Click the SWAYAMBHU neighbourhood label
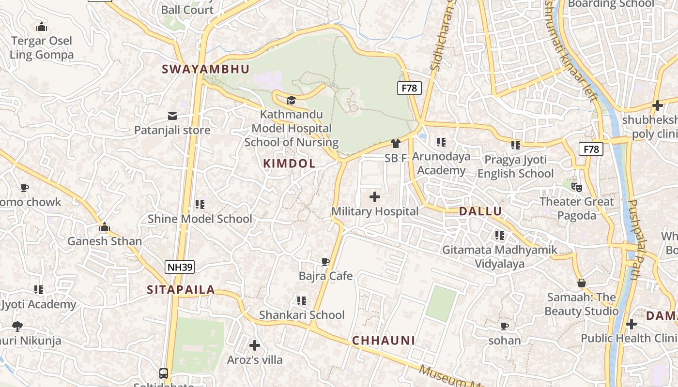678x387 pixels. [x=206, y=69]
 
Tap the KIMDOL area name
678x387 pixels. [x=289, y=164]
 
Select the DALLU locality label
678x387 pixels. [x=480, y=211]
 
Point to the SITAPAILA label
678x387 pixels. [x=181, y=290]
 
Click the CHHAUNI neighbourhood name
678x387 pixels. [x=384, y=341]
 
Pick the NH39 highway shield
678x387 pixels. [x=180, y=267]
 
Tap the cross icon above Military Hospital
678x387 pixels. [x=375, y=197]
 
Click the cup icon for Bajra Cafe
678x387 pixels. [x=325, y=262]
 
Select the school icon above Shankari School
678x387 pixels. [x=302, y=301]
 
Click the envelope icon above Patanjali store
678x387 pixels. [x=172, y=116]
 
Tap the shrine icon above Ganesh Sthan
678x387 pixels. [x=105, y=227]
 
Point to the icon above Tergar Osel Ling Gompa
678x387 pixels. [x=42, y=27]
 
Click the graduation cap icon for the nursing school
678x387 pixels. [x=291, y=100]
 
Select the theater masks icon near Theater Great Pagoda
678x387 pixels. [x=576, y=187]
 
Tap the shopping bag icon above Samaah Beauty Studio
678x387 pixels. [x=582, y=283]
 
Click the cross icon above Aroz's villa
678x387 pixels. [x=255, y=345]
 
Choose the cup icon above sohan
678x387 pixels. [x=505, y=326]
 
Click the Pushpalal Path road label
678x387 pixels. [x=638, y=239]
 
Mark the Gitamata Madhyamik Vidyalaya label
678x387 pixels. [x=499, y=257]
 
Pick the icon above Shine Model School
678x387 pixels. [x=200, y=205]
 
